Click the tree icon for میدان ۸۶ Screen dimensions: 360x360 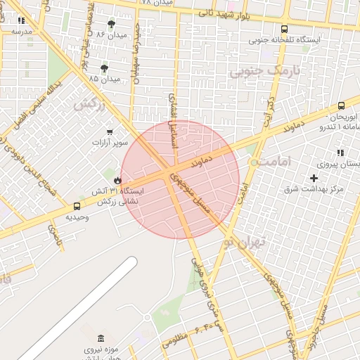coord(112,23)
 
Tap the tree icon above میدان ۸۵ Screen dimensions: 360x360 coord(105,68)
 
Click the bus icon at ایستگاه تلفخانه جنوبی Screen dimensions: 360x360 coord(284,30)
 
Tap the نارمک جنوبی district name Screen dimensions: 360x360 coord(264,71)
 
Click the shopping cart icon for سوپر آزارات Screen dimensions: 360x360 coord(110,131)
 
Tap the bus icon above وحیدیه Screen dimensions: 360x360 coord(77,206)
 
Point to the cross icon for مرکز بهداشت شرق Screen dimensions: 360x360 coord(314,179)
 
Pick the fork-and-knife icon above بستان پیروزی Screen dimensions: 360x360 coord(340,153)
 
